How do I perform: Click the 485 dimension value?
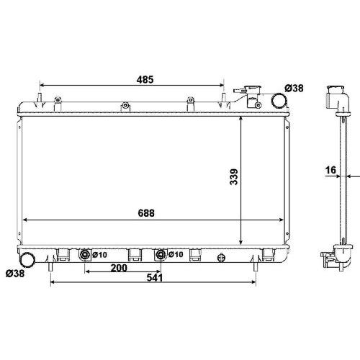(x=145, y=79)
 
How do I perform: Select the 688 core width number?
(x=146, y=213)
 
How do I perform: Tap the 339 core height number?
(x=234, y=177)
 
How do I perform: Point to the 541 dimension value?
(x=155, y=278)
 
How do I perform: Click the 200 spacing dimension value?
(x=119, y=268)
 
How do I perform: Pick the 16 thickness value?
(x=330, y=170)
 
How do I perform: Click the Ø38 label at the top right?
(x=294, y=89)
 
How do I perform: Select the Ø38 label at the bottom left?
(x=15, y=274)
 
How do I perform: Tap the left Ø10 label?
(x=99, y=255)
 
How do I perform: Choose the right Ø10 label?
(x=176, y=254)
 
